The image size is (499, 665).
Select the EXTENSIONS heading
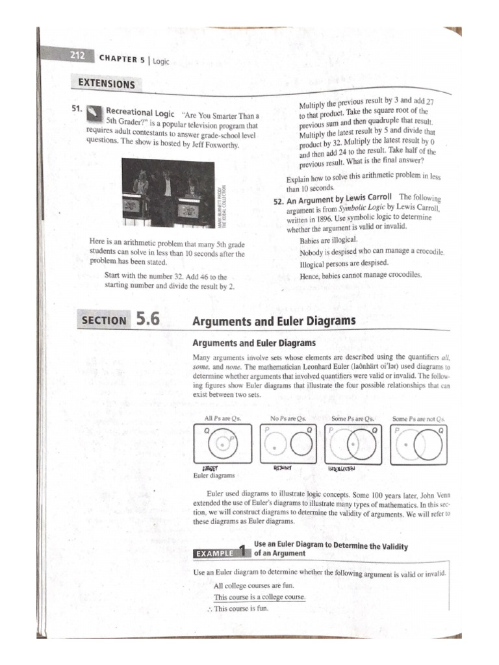(x=107, y=84)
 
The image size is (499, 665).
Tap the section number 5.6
(x=147, y=320)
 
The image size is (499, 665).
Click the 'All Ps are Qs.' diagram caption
(x=222, y=418)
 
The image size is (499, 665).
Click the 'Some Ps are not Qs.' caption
(x=419, y=418)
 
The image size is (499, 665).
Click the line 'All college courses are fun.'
(x=254, y=585)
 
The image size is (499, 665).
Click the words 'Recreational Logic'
(x=140, y=112)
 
